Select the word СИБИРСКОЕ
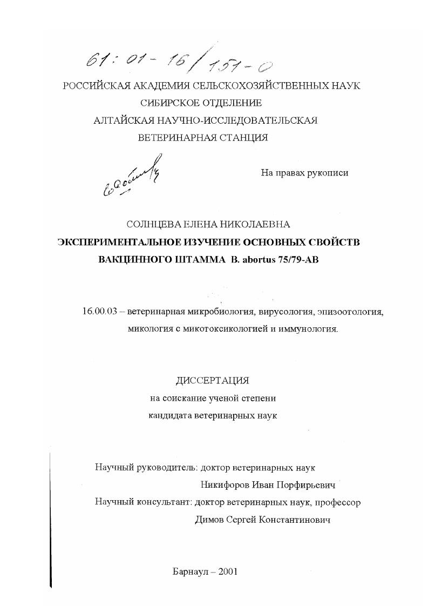click(167, 103)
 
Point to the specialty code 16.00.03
click(101, 312)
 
